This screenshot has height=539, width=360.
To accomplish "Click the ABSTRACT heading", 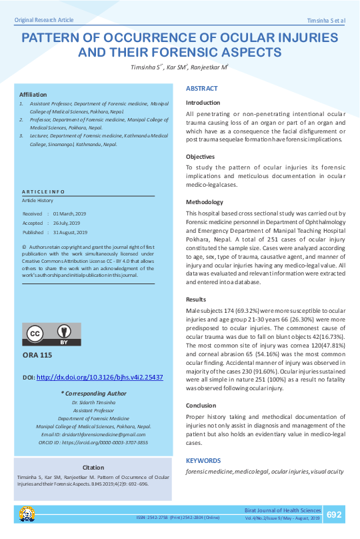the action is [201, 88].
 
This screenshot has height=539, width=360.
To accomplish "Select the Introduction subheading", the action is [203, 103].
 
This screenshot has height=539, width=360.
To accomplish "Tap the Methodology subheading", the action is [204, 202].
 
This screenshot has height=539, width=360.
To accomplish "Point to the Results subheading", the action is [196, 300].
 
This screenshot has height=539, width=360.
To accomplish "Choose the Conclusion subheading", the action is [201, 406].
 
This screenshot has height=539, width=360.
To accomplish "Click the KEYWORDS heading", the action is [203, 460].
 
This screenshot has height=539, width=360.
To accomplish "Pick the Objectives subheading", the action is [201, 156].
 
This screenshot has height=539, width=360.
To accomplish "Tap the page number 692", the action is [334, 514].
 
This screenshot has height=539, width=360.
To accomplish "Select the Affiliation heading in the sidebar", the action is [33, 95].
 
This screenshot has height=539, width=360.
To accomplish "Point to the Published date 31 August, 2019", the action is [71, 232].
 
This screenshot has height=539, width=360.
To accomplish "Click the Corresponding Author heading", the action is [93, 394].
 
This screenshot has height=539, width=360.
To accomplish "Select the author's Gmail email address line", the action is [93, 434].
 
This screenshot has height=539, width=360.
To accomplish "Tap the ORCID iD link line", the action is [93, 442].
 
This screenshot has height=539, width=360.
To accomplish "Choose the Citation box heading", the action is [93, 467].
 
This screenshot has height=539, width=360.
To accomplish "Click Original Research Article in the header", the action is [44, 21].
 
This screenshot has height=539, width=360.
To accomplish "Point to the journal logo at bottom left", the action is [27, 514].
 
